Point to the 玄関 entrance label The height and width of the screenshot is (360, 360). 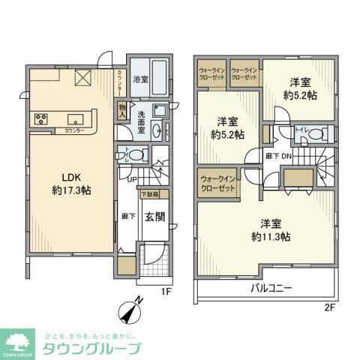pos(154,217)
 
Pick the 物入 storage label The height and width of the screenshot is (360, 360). pos(122,112)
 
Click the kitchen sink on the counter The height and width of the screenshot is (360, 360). pos(75,118)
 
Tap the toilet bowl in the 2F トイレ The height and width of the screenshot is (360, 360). pos(315,135)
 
